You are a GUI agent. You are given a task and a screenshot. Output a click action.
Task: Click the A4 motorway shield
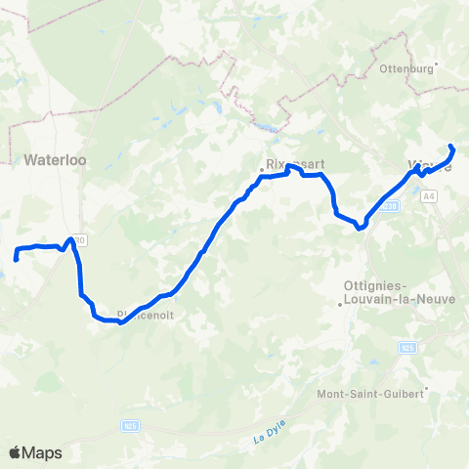(429, 195)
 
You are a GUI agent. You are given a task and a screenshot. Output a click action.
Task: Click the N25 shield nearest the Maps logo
(130, 426)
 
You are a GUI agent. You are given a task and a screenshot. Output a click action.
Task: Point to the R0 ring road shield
(77, 238)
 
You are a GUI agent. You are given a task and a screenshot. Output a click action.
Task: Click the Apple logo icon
(17, 452)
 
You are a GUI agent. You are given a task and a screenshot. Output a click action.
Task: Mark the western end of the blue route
(17, 259)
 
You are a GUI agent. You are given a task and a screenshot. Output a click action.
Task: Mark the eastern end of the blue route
(450, 147)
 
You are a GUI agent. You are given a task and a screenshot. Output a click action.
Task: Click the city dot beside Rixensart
(261, 171)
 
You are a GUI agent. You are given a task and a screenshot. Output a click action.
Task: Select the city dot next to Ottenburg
(436, 66)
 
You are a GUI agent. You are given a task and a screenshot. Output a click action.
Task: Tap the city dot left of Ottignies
(339, 304)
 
